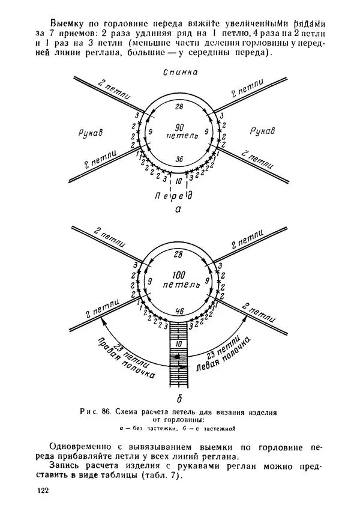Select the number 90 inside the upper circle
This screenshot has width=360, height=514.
point(178,127)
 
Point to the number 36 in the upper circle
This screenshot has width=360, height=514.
point(178,159)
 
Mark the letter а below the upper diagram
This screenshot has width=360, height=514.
point(178,210)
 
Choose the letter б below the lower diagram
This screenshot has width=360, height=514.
point(178,398)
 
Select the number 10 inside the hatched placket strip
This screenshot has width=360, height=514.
point(178,343)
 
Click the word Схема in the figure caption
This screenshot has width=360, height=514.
point(131,413)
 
